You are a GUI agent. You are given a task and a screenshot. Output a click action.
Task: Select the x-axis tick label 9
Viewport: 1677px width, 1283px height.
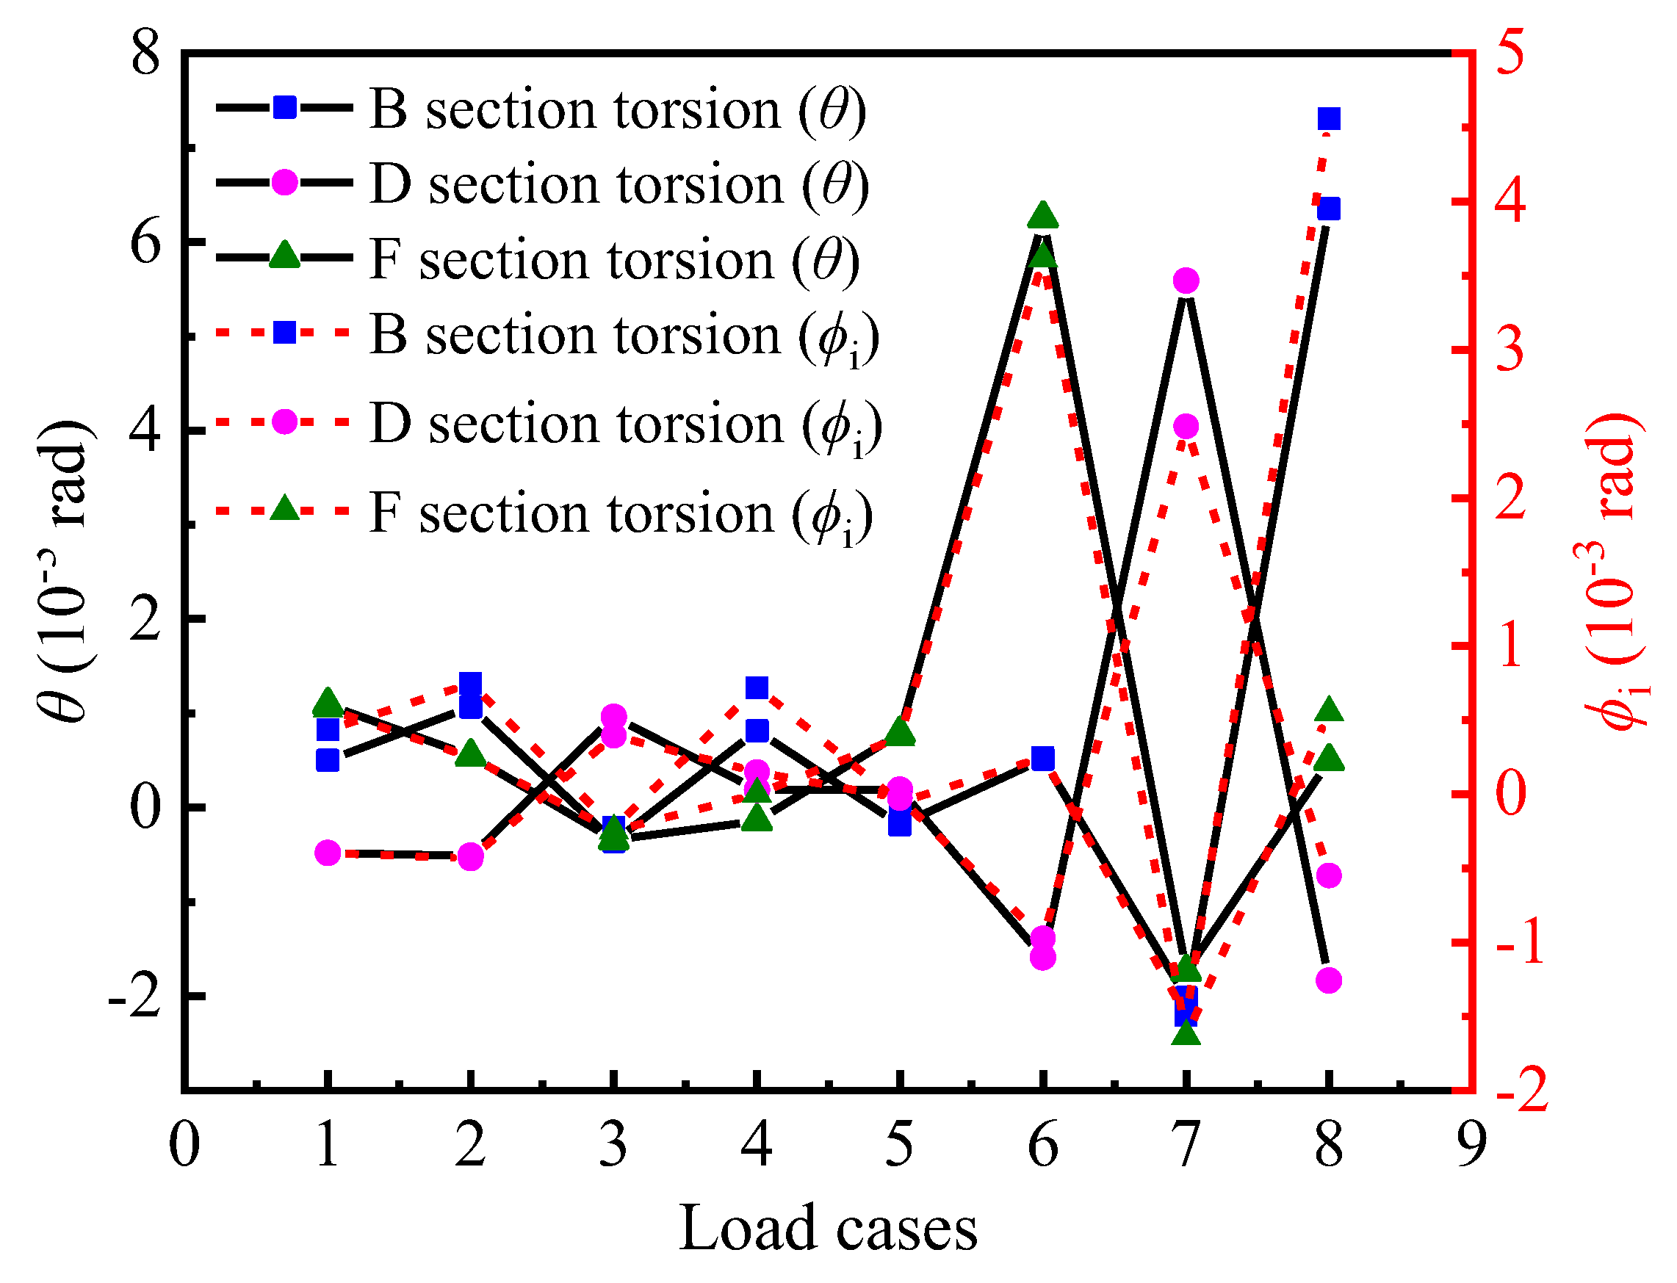coord(1471,1146)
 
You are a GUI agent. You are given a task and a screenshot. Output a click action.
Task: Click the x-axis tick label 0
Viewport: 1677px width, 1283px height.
coord(184,1146)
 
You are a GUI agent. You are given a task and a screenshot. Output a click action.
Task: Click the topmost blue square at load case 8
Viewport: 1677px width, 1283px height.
coord(1329,119)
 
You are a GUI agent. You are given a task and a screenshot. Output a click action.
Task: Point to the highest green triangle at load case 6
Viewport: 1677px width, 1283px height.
coord(1043,216)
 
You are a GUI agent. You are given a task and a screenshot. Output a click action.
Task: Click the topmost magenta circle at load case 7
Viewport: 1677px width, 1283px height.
coord(1186,281)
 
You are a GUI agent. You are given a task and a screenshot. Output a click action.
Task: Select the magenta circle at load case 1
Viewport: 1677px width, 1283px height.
coord(328,853)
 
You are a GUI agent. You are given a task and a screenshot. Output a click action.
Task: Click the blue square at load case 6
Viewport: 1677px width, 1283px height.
coord(1043,759)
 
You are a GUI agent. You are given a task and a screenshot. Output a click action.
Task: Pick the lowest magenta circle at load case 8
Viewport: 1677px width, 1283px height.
coord(1329,980)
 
